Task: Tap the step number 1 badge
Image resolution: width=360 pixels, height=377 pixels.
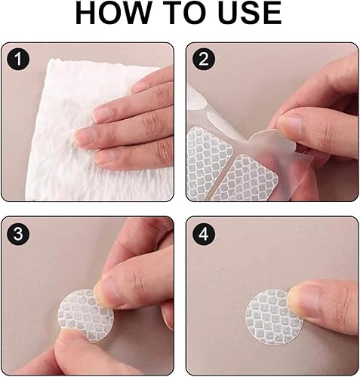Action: pos(18,60)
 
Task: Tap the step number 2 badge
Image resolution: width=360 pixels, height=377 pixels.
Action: pos(204,60)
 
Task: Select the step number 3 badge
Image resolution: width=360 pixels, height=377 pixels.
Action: pos(18,234)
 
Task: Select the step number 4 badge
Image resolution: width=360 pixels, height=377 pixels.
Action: pos(204,234)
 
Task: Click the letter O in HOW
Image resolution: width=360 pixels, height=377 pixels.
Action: pos(111,13)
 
